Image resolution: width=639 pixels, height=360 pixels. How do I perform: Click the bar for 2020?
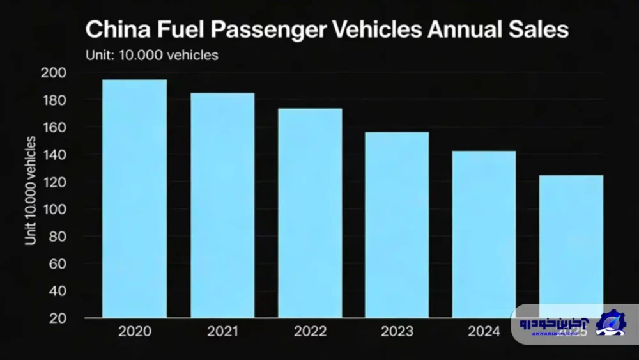coord(134,198)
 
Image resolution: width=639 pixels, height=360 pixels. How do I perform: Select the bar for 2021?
coord(222,205)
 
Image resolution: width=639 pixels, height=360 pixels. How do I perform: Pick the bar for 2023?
coord(397,224)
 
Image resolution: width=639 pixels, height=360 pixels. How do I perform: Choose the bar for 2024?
coord(484,233)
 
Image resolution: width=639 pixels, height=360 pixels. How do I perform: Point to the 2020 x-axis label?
coord(135,332)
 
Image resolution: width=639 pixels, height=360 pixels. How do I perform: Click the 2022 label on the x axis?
coord(310,332)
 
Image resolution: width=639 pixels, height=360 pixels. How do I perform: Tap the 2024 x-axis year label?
coord(484,332)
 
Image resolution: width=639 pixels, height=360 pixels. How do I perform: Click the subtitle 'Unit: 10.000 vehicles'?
coord(152,55)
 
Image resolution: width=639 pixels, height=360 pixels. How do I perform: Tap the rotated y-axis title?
coord(31,189)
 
